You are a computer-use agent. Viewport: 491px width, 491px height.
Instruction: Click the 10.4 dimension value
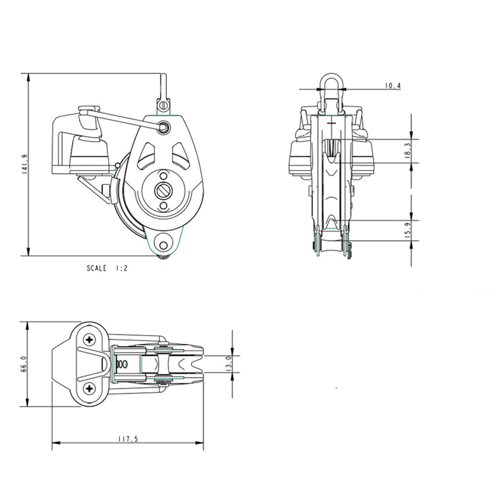tap(392, 85)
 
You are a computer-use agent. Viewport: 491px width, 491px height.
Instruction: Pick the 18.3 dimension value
tap(407, 151)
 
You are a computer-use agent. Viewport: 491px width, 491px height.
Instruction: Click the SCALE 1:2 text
tap(107, 268)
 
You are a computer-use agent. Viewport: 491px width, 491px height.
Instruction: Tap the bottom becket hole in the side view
tap(163, 245)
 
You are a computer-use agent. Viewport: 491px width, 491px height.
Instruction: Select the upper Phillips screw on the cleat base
tap(89, 339)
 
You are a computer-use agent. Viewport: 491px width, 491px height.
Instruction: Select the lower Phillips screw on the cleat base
tap(89, 389)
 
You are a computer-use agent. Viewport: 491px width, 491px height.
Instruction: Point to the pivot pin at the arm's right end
tap(164, 127)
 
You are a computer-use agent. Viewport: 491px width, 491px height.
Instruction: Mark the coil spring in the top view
tap(122, 364)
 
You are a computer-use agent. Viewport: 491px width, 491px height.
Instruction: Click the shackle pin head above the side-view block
tap(163, 105)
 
